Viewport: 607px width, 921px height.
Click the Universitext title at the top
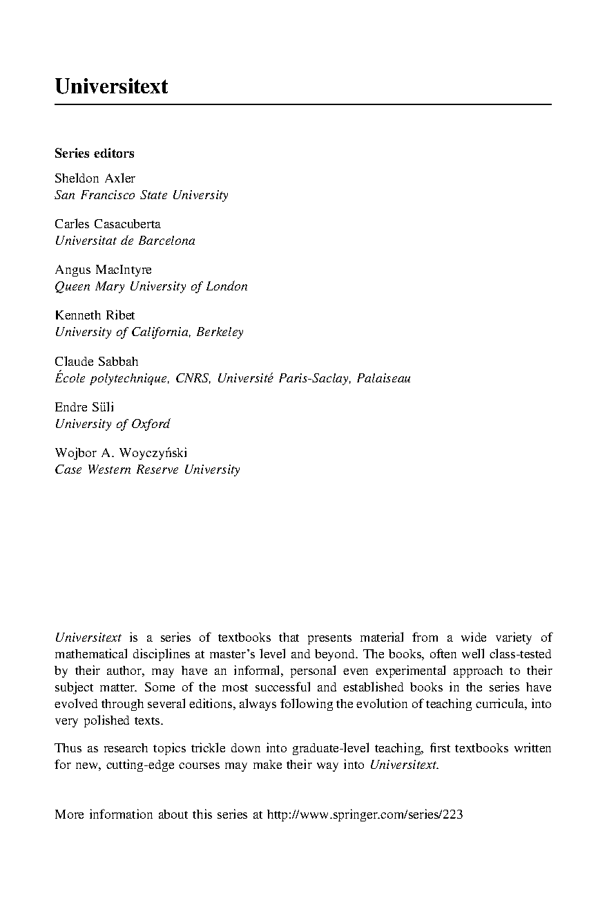pyautogui.click(x=111, y=87)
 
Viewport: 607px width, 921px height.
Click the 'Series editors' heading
pyautogui.click(x=94, y=153)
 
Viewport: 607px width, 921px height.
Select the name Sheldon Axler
pyautogui.click(x=95, y=178)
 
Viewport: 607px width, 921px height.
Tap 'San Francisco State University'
pyautogui.click(x=141, y=195)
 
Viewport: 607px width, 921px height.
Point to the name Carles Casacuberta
pyautogui.click(x=107, y=224)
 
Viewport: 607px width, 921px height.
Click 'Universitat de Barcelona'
pyautogui.click(x=124, y=241)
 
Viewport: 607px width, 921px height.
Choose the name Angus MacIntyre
pyautogui.click(x=103, y=270)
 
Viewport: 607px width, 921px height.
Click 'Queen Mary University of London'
pyautogui.click(x=151, y=286)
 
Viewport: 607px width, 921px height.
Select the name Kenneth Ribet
pyautogui.click(x=95, y=315)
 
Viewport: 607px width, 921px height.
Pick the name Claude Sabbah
pyautogui.click(x=97, y=361)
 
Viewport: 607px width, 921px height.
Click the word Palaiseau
pyautogui.click(x=383, y=378)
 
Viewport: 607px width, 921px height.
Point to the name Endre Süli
pyautogui.click(x=84, y=407)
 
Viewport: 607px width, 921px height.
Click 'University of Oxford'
pyautogui.click(x=112, y=424)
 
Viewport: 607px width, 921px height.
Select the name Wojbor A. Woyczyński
pyautogui.click(x=121, y=453)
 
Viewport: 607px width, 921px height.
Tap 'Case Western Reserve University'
pyautogui.click(x=147, y=469)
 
